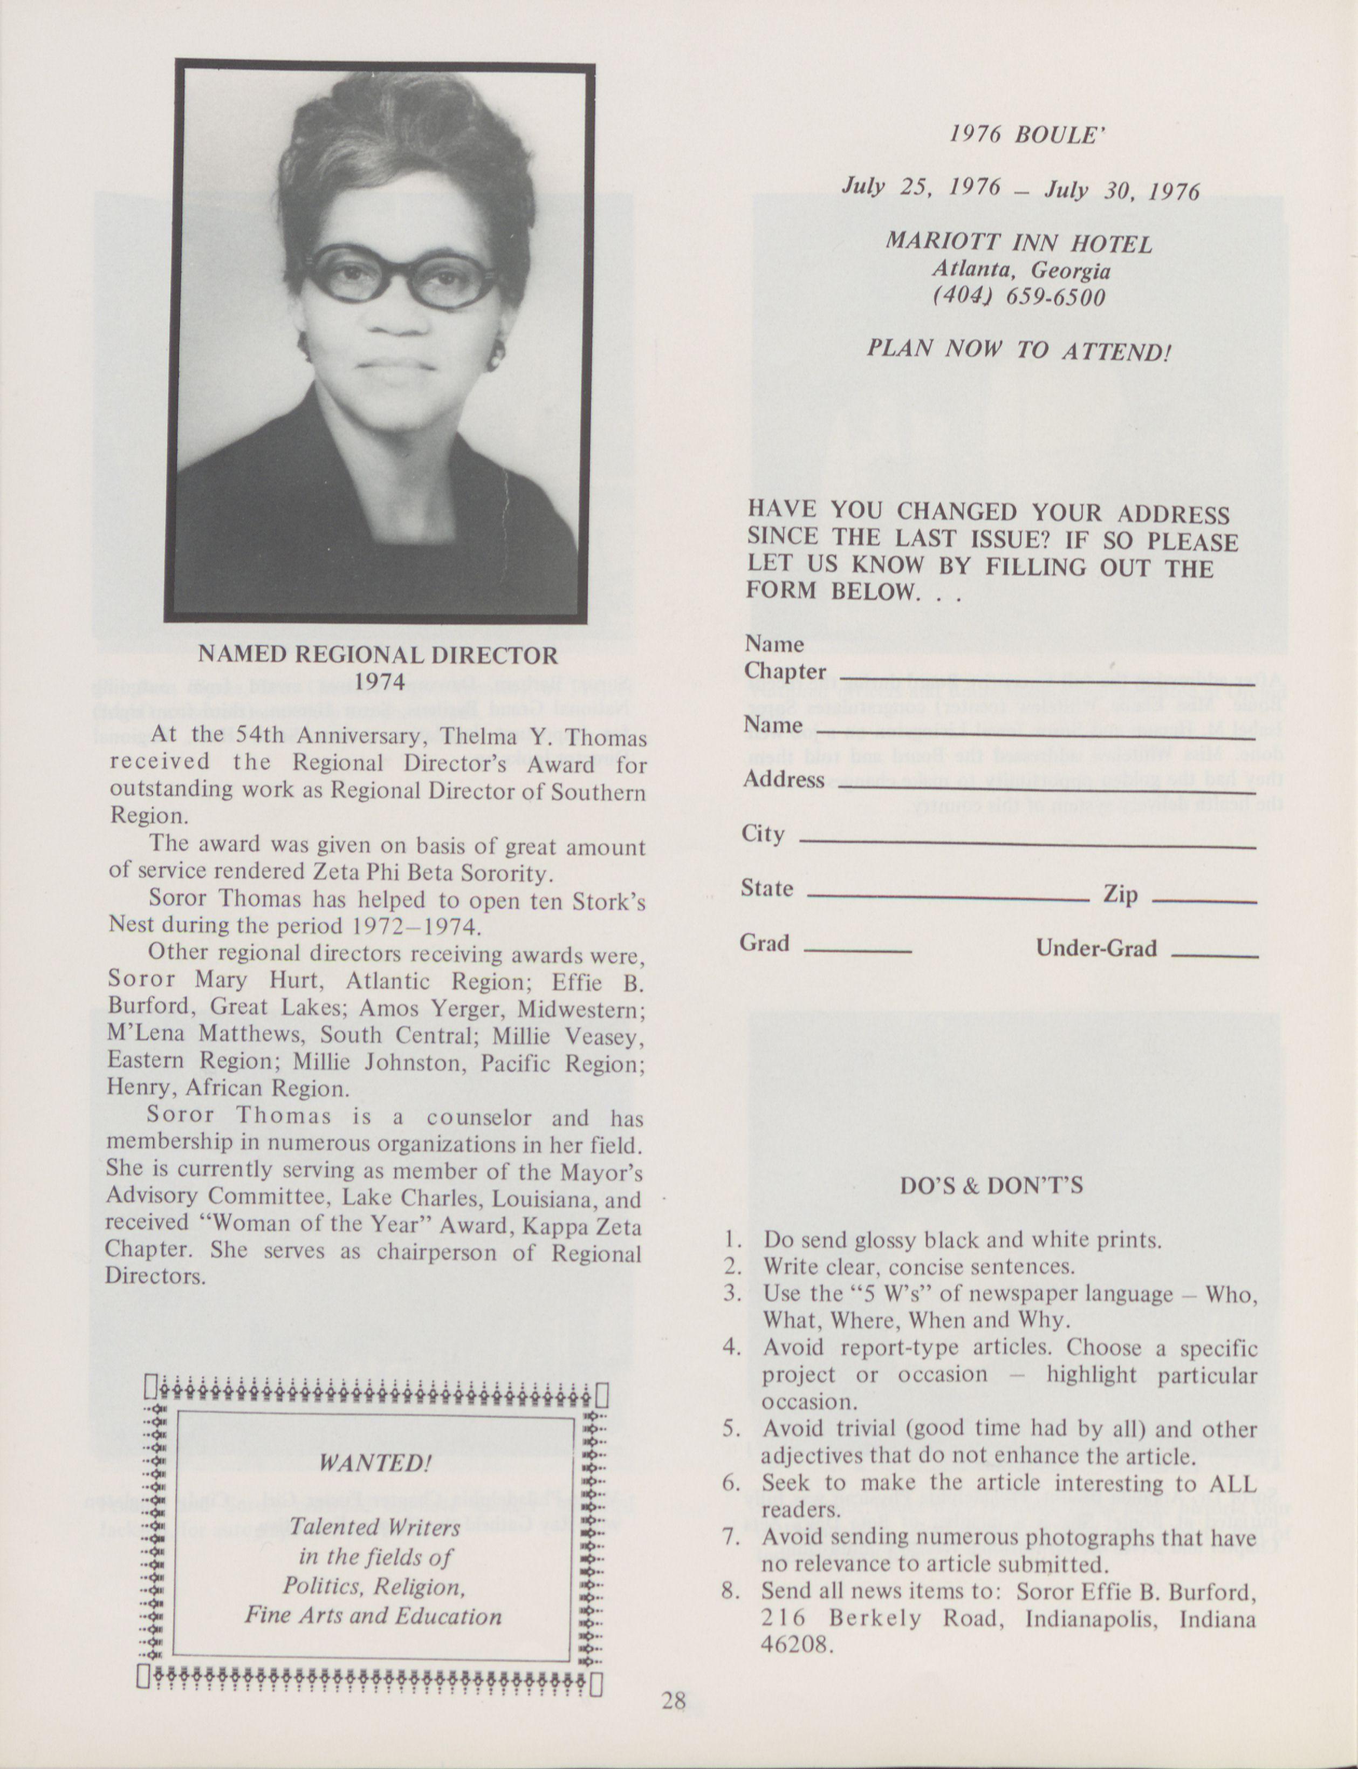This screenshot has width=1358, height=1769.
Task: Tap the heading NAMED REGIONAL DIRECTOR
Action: coord(378,655)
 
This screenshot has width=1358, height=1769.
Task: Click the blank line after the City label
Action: coord(1026,844)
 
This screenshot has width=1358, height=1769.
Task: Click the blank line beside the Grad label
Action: coord(859,950)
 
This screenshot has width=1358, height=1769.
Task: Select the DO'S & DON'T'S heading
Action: coord(991,1186)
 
